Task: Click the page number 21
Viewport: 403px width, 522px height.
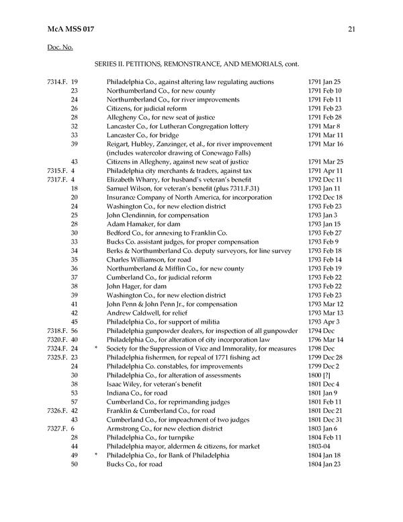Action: [x=353, y=28]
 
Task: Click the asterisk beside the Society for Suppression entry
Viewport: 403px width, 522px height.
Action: [x=97, y=348]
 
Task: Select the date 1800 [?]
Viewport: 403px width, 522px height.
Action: [x=320, y=375]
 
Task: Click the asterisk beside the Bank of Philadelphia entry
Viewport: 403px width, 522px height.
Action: [x=97, y=455]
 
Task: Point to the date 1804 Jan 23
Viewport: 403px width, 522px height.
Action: [x=324, y=463]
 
